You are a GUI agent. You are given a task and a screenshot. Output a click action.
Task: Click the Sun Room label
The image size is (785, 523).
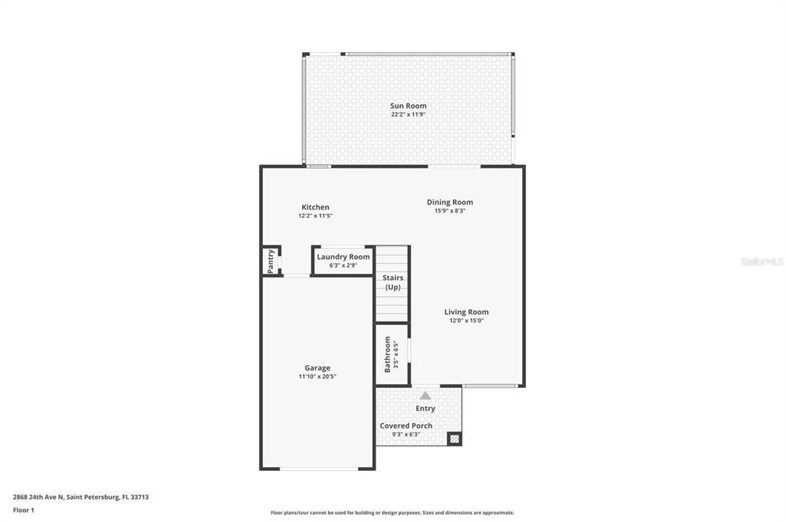408,106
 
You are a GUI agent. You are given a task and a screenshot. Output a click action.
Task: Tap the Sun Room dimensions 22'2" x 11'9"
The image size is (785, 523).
408,114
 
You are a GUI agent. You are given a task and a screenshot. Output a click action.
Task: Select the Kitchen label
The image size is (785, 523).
315,207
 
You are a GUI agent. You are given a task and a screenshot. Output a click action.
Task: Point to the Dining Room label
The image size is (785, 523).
450,202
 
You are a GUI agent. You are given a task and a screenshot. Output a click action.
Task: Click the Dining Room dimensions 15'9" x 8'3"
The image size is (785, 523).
450,211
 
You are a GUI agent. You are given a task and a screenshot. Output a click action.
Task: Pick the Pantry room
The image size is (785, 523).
271,261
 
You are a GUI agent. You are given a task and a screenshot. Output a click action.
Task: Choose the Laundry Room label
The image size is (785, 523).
343,257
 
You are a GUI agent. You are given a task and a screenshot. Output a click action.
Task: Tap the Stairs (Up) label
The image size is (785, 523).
392,282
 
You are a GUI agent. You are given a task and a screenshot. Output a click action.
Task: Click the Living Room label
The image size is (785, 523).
466,312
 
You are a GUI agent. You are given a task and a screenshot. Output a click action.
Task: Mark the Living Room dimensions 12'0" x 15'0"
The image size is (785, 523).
466,321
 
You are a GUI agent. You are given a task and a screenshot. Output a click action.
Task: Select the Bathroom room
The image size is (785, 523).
391,354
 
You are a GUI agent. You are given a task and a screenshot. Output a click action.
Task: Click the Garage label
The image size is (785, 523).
317,368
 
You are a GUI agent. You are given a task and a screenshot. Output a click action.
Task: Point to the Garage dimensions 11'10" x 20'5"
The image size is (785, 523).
317,377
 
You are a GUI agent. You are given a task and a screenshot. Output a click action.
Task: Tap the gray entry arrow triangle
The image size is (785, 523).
425,395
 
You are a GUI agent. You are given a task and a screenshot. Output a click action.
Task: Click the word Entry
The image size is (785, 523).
425,409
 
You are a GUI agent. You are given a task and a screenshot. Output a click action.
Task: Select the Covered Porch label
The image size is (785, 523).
406,426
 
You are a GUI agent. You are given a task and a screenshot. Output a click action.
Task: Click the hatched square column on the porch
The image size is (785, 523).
454,439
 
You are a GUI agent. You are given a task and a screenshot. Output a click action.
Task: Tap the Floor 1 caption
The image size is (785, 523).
24,510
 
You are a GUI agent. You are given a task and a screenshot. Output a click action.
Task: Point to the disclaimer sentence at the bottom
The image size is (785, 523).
392,513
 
